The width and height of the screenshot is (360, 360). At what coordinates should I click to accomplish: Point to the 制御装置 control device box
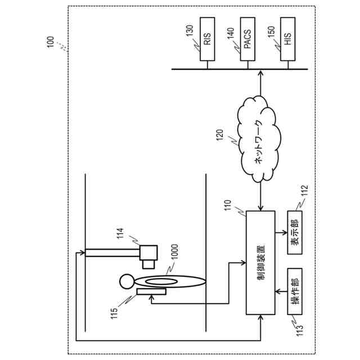coord(260,262)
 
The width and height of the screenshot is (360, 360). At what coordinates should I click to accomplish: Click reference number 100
coord(51,42)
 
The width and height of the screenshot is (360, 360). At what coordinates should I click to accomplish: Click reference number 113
coord(299,326)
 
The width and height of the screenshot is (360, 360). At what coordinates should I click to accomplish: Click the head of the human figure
coord(127,279)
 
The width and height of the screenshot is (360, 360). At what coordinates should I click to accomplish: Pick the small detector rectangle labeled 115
coord(151,291)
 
